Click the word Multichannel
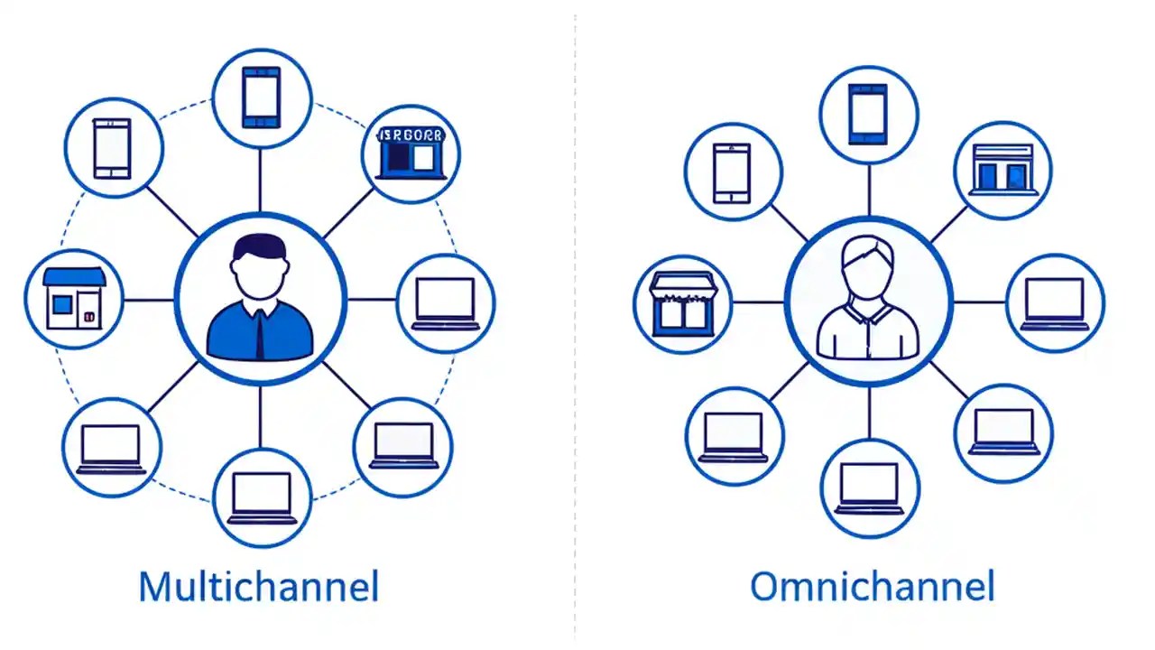coord(258,587)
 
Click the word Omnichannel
coord(872,587)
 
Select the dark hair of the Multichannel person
coord(258,246)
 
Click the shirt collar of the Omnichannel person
coord(868,312)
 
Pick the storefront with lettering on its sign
coord(411,152)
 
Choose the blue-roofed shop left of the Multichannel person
coord(74,298)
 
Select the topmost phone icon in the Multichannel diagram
coord(261,97)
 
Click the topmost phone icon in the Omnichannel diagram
coord(868,114)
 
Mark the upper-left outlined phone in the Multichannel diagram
coord(113,148)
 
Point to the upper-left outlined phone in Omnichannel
coord(732,173)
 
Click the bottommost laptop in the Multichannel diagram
coord(262,497)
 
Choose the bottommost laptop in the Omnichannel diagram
coord(868,488)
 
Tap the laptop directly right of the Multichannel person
coord(445,302)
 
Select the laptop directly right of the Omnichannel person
coord(1054,303)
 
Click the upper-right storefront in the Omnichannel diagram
coord(1002,170)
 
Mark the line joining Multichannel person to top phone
coord(260,181)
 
